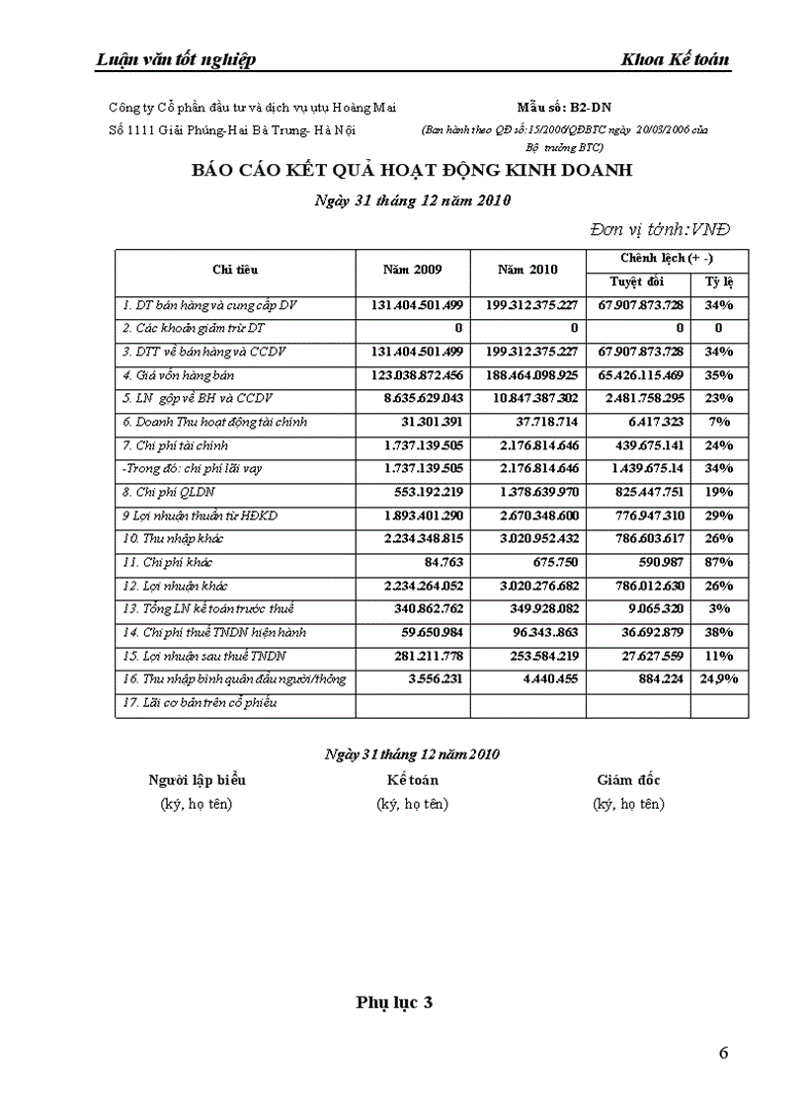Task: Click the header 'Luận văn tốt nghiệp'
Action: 176,59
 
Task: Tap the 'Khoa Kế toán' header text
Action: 675,59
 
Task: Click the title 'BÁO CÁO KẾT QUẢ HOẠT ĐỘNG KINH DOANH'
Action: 412,170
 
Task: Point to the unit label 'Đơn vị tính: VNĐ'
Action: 660,229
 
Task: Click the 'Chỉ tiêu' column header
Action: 235,270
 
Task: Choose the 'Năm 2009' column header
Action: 412,270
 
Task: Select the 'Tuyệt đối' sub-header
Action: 637,282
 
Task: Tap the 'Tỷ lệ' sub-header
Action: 719,282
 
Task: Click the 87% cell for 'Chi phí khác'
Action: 719,562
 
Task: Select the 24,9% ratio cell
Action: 719,679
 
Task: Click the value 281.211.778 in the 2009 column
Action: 421,656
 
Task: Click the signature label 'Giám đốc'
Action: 628,780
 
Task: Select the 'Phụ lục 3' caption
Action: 394,1002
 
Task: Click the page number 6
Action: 724,1053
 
